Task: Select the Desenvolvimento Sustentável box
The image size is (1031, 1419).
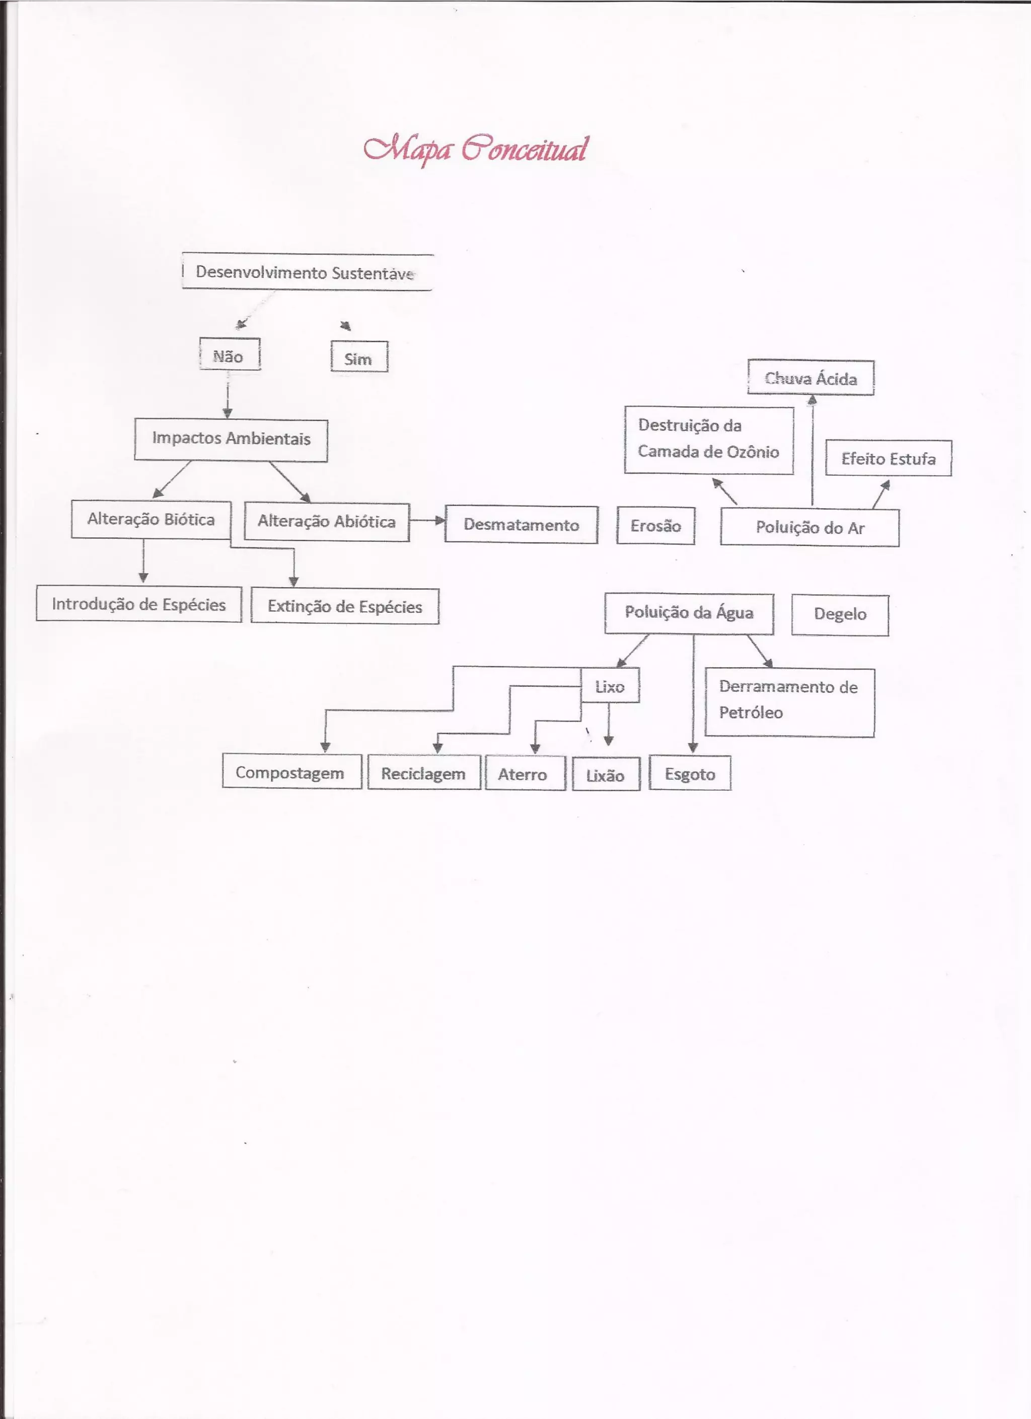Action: [x=307, y=272]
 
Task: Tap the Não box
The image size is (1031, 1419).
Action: [x=229, y=354]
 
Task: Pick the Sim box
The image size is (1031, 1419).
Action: [x=359, y=357]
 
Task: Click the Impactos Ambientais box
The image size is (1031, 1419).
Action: [x=231, y=440]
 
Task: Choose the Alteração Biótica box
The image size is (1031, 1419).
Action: [x=151, y=519]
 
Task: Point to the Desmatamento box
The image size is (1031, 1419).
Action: [x=521, y=525]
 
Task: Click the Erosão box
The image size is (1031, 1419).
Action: [x=655, y=526]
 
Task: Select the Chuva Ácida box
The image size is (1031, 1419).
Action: [x=811, y=378]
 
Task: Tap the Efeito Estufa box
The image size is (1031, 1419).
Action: [x=889, y=459]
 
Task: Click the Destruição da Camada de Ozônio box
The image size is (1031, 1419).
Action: [x=709, y=440]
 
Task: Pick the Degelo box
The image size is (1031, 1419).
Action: [x=840, y=615]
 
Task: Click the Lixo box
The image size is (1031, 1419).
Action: [x=610, y=686]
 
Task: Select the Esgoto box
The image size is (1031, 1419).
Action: [x=690, y=773]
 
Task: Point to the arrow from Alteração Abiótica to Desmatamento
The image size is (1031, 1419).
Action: [x=427, y=520]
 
